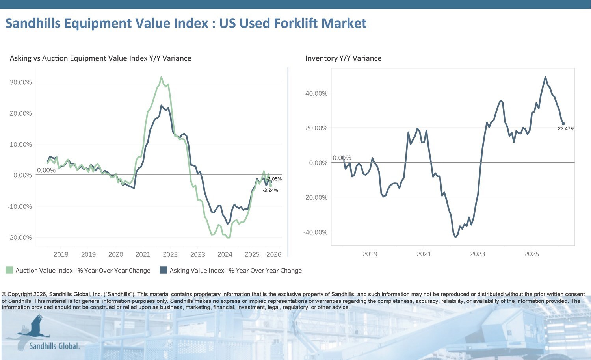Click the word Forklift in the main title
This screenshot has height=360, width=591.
293,23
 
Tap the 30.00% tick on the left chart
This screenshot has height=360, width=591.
20,82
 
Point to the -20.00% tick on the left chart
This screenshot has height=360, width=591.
20,238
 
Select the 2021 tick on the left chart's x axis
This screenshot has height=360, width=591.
143,254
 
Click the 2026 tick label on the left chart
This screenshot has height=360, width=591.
273,254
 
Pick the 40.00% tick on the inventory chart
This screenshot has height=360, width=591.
316,93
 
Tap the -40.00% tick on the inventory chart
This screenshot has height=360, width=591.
315,232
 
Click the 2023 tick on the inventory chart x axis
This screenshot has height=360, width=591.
478,254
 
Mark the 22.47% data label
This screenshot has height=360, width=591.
566,129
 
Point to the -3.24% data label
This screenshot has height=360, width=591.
270,190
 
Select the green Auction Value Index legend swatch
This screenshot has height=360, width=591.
9,270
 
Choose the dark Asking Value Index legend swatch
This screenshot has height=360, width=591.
164,270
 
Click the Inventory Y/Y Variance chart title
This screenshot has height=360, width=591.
343,58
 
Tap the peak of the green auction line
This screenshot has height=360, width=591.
161,77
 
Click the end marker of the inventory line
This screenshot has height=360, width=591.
563,124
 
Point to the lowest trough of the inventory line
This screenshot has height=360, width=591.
455,237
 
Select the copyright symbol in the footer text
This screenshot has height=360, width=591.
4,294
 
